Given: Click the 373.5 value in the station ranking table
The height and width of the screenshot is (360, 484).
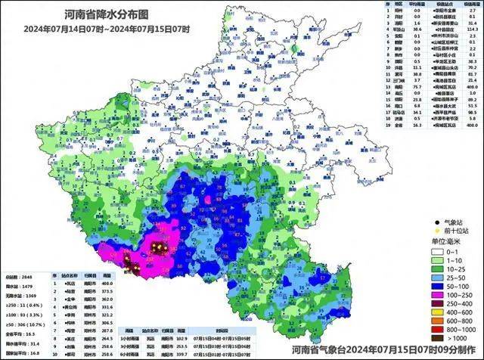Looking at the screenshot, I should [107, 290].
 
